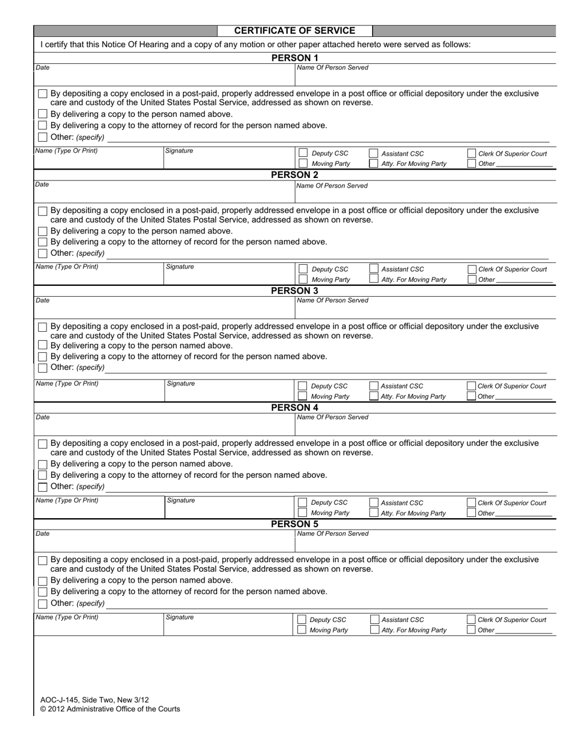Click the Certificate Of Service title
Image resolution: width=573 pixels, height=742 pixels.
tap(294, 31)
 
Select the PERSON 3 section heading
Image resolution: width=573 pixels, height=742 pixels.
tap(294, 291)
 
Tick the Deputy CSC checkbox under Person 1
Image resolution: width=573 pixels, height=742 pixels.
tap(302, 153)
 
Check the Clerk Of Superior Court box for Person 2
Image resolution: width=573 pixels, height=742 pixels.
tap(472, 269)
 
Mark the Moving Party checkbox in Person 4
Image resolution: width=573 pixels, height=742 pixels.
tap(302, 513)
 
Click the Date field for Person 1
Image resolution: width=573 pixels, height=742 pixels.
tap(163, 75)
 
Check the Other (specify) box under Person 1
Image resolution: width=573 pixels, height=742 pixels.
tap(42, 137)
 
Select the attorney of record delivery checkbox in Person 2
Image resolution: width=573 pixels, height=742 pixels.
tap(42, 242)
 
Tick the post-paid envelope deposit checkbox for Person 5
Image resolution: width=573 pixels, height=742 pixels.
tap(42, 560)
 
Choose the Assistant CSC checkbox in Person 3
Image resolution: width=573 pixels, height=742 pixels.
tap(373, 386)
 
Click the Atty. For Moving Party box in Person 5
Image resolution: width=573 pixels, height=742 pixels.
tap(375, 630)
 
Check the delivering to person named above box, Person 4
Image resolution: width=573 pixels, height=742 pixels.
tap(42, 464)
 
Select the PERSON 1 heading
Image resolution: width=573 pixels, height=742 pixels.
tap(294, 58)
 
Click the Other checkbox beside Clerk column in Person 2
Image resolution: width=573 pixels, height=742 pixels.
tap(472, 279)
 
